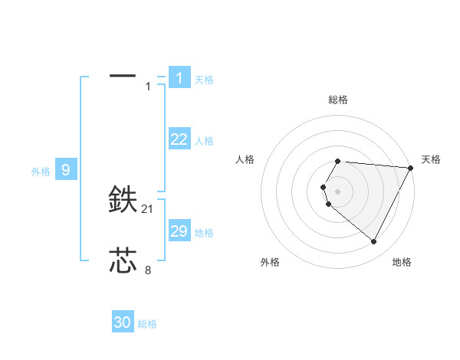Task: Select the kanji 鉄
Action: (x=123, y=200)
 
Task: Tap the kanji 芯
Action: (x=123, y=260)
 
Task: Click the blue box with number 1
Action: (x=179, y=77)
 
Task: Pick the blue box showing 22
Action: (x=179, y=139)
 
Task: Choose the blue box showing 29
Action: (x=179, y=231)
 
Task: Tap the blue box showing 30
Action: (x=123, y=322)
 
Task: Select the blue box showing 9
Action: (x=66, y=170)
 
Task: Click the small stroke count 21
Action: (x=148, y=209)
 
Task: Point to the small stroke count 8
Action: (x=148, y=270)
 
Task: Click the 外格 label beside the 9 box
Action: (x=41, y=172)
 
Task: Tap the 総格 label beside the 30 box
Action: (x=147, y=324)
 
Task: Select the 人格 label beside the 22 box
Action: (x=204, y=141)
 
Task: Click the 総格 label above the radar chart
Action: (x=337, y=100)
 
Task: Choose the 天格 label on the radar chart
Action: (x=431, y=159)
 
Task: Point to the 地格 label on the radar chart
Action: (x=402, y=262)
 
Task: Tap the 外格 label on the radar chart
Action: (x=270, y=262)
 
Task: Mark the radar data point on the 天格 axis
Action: (x=411, y=167)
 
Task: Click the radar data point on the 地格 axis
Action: (x=374, y=242)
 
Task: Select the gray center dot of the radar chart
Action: (x=337, y=191)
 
